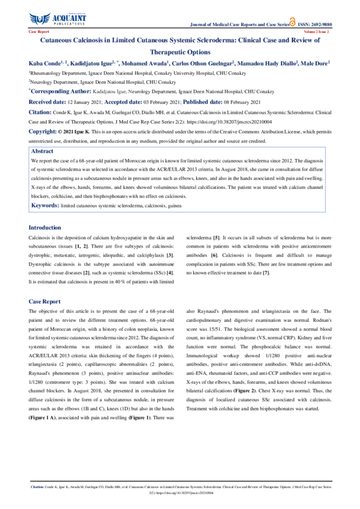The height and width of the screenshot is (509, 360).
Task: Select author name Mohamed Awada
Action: pos(145,63)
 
